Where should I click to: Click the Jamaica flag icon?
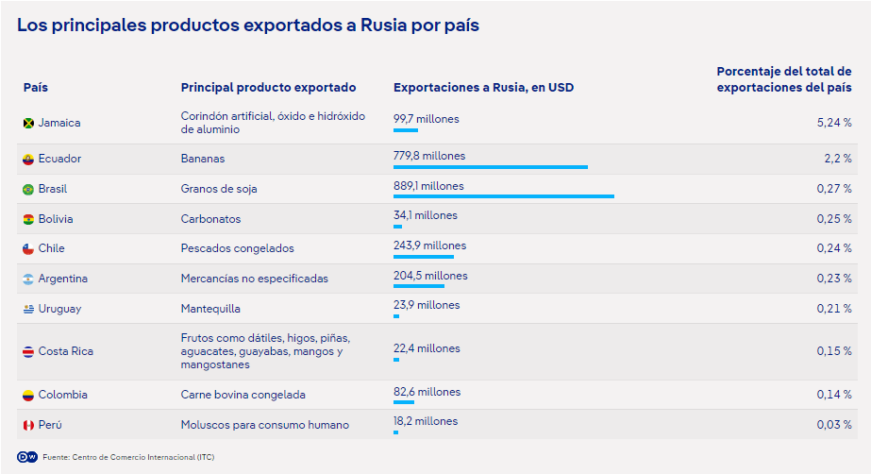(x=28, y=123)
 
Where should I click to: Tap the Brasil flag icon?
(x=28, y=189)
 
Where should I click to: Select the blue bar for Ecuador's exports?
(x=490, y=167)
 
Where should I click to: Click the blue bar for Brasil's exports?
(x=503, y=196)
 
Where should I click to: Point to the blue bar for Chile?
(x=423, y=256)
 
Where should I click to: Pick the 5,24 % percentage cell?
(x=835, y=123)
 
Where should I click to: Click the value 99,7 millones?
(x=426, y=118)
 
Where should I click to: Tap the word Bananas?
(x=202, y=159)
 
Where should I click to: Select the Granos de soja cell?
(x=218, y=189)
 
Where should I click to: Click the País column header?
(x=36, y=88)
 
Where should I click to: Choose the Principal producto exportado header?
(x=268, y=88)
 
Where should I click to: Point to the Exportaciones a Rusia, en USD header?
(x=483, y=88)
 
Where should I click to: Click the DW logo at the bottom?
(x=27, y=457)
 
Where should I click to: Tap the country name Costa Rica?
(x=65, y=351)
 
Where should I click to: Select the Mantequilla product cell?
(x=210, y=309)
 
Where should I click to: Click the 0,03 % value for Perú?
(x=834, y=425)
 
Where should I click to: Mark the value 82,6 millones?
(x=427, y=391)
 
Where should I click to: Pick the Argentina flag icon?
(x=28, y=279)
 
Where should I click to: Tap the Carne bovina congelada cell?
(x=243, y=395)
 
